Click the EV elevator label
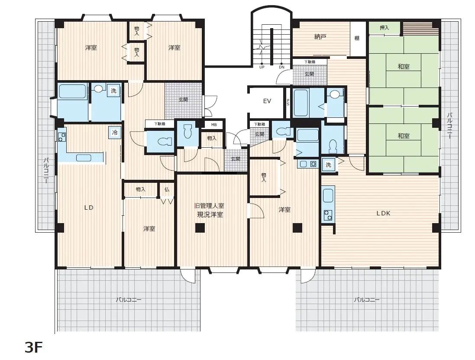click(267, 101)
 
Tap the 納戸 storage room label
click(320, 37)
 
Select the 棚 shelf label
click(357, 38)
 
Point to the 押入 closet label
click(384, 28)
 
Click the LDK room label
click(383, 213)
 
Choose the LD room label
click(89, 208)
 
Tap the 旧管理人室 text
click(209, 206)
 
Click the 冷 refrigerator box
click(115, 133)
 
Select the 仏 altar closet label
click(167, 189)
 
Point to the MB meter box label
click(214, 125)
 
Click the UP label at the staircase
click(262, 67)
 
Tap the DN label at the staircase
click(281, 67)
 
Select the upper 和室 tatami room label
click(404, 66)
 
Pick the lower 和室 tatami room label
click(404, 136)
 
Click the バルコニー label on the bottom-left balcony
click(128, 299)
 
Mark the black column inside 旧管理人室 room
click(200, 228)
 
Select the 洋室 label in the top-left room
click(91, 48)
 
